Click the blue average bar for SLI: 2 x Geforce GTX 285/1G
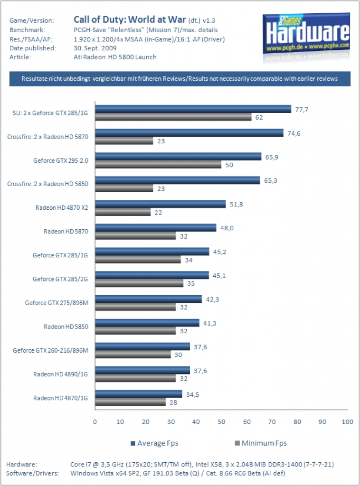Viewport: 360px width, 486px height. coord(193,109)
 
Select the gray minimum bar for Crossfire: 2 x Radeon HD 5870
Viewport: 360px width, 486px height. coord(124,140)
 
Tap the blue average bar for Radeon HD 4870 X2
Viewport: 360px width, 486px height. coord(161,204)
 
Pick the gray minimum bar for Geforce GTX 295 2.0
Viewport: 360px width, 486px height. coord(158,165)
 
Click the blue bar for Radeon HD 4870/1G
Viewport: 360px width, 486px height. coord(139,394)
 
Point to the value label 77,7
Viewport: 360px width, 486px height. coord(302,110)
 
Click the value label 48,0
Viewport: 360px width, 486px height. coord(227,228)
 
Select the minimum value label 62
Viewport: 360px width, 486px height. coord(259,118)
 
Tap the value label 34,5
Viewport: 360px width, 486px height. coord(192,394)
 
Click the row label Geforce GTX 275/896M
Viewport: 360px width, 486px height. coord(57,303)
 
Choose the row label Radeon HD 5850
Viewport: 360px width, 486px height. coord(66,327)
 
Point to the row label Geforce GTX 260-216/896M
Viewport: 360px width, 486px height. coord(50,350)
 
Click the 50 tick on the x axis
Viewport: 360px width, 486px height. coord(221,421)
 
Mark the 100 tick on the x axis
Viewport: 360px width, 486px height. coord(347,421)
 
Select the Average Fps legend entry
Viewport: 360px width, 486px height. coord(154,443)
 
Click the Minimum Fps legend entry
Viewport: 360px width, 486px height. coord(261,443)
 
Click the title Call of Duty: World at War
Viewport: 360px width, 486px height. coord(130,19)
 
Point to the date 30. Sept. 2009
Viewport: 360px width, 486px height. coord(95,48)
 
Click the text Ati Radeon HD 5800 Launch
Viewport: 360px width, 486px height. coord(115,57)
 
